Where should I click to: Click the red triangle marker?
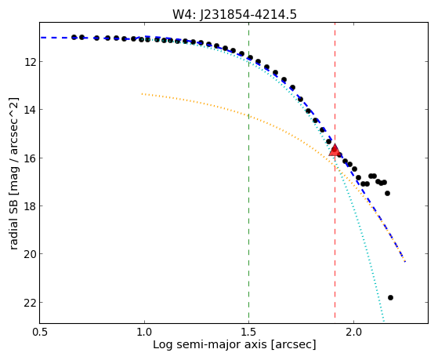335,150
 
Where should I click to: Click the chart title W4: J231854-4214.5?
234,14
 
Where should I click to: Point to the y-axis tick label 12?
30,61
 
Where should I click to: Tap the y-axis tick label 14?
30,110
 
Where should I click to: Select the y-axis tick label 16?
30,158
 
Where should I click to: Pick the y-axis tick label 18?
30,206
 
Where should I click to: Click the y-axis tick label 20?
30,254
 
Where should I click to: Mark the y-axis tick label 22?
30,303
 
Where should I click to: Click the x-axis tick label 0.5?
40,333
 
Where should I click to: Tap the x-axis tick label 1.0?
144,333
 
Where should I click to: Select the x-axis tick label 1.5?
248,333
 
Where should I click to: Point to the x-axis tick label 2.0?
353,333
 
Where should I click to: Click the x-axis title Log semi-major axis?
209,344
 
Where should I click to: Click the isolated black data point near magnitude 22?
390,297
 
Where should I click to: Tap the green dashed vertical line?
248,173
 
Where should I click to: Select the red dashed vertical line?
335,173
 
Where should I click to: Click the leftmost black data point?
74,37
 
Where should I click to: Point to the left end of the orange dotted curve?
142,93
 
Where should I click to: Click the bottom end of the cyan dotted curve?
384,321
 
